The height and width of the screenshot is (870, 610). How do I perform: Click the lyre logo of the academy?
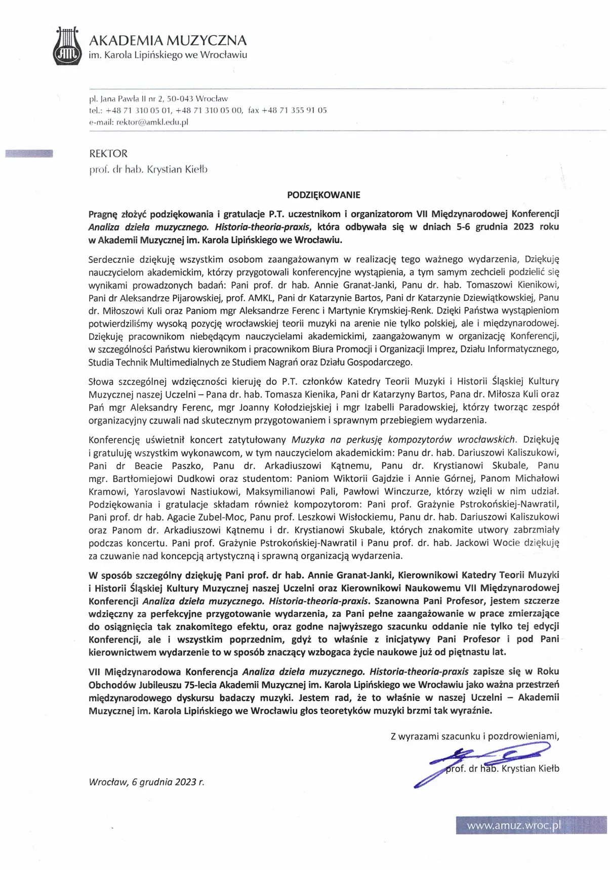coord(67,46)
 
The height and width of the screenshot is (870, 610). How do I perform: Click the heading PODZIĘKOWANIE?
coord(323,195)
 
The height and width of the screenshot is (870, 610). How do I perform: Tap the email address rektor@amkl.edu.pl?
coord(152,122)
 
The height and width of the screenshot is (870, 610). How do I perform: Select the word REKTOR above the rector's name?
coord(108,154)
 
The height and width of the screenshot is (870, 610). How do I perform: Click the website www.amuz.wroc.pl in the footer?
coord(514,826)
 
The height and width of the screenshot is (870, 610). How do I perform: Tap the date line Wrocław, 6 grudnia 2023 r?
coord(146,782)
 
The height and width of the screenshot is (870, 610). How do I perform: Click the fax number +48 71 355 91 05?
coord(294,110)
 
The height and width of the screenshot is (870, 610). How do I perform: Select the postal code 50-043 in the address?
coord(180,99)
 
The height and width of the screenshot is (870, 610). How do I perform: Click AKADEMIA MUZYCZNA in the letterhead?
coord(168,40)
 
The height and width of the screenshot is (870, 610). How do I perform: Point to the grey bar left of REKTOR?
coord(29,154)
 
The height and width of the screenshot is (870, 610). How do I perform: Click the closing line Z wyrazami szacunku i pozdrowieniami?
coord(475,736)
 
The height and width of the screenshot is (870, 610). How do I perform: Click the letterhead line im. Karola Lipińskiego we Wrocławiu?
coord(168,55)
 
